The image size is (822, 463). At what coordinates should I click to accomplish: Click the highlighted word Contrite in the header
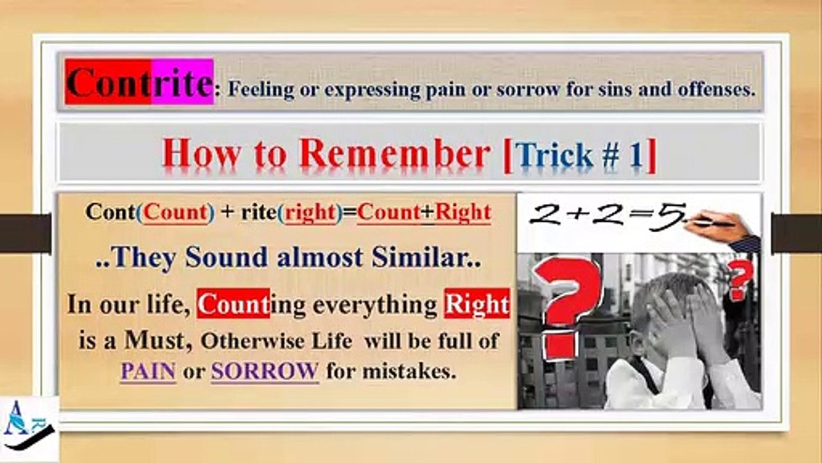pos(139,82)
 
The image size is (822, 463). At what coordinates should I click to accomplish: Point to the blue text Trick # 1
pos(581,156)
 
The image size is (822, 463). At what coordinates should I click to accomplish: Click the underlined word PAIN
pos(148,371)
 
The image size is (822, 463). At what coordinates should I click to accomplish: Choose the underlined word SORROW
pos(265,371)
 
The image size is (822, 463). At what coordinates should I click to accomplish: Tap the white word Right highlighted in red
pos(477,304)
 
